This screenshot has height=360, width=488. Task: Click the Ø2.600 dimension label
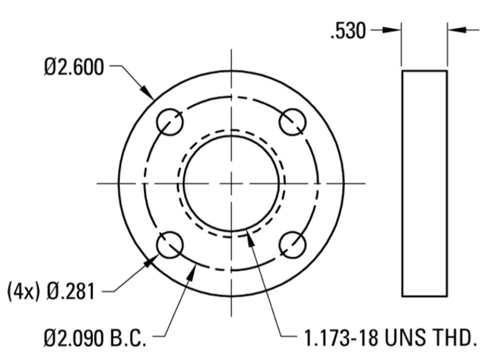(74, 68)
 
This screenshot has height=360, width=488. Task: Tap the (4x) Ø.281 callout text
(51, 292)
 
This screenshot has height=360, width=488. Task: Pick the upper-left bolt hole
(169, 122)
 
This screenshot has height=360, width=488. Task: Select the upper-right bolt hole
(293, 122)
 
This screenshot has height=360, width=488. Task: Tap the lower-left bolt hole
(169, 245)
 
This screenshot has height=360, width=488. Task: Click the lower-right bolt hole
(293, 245)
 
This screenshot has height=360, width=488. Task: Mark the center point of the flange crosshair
(231, 183)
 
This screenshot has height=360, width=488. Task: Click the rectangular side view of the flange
(424, 183)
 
